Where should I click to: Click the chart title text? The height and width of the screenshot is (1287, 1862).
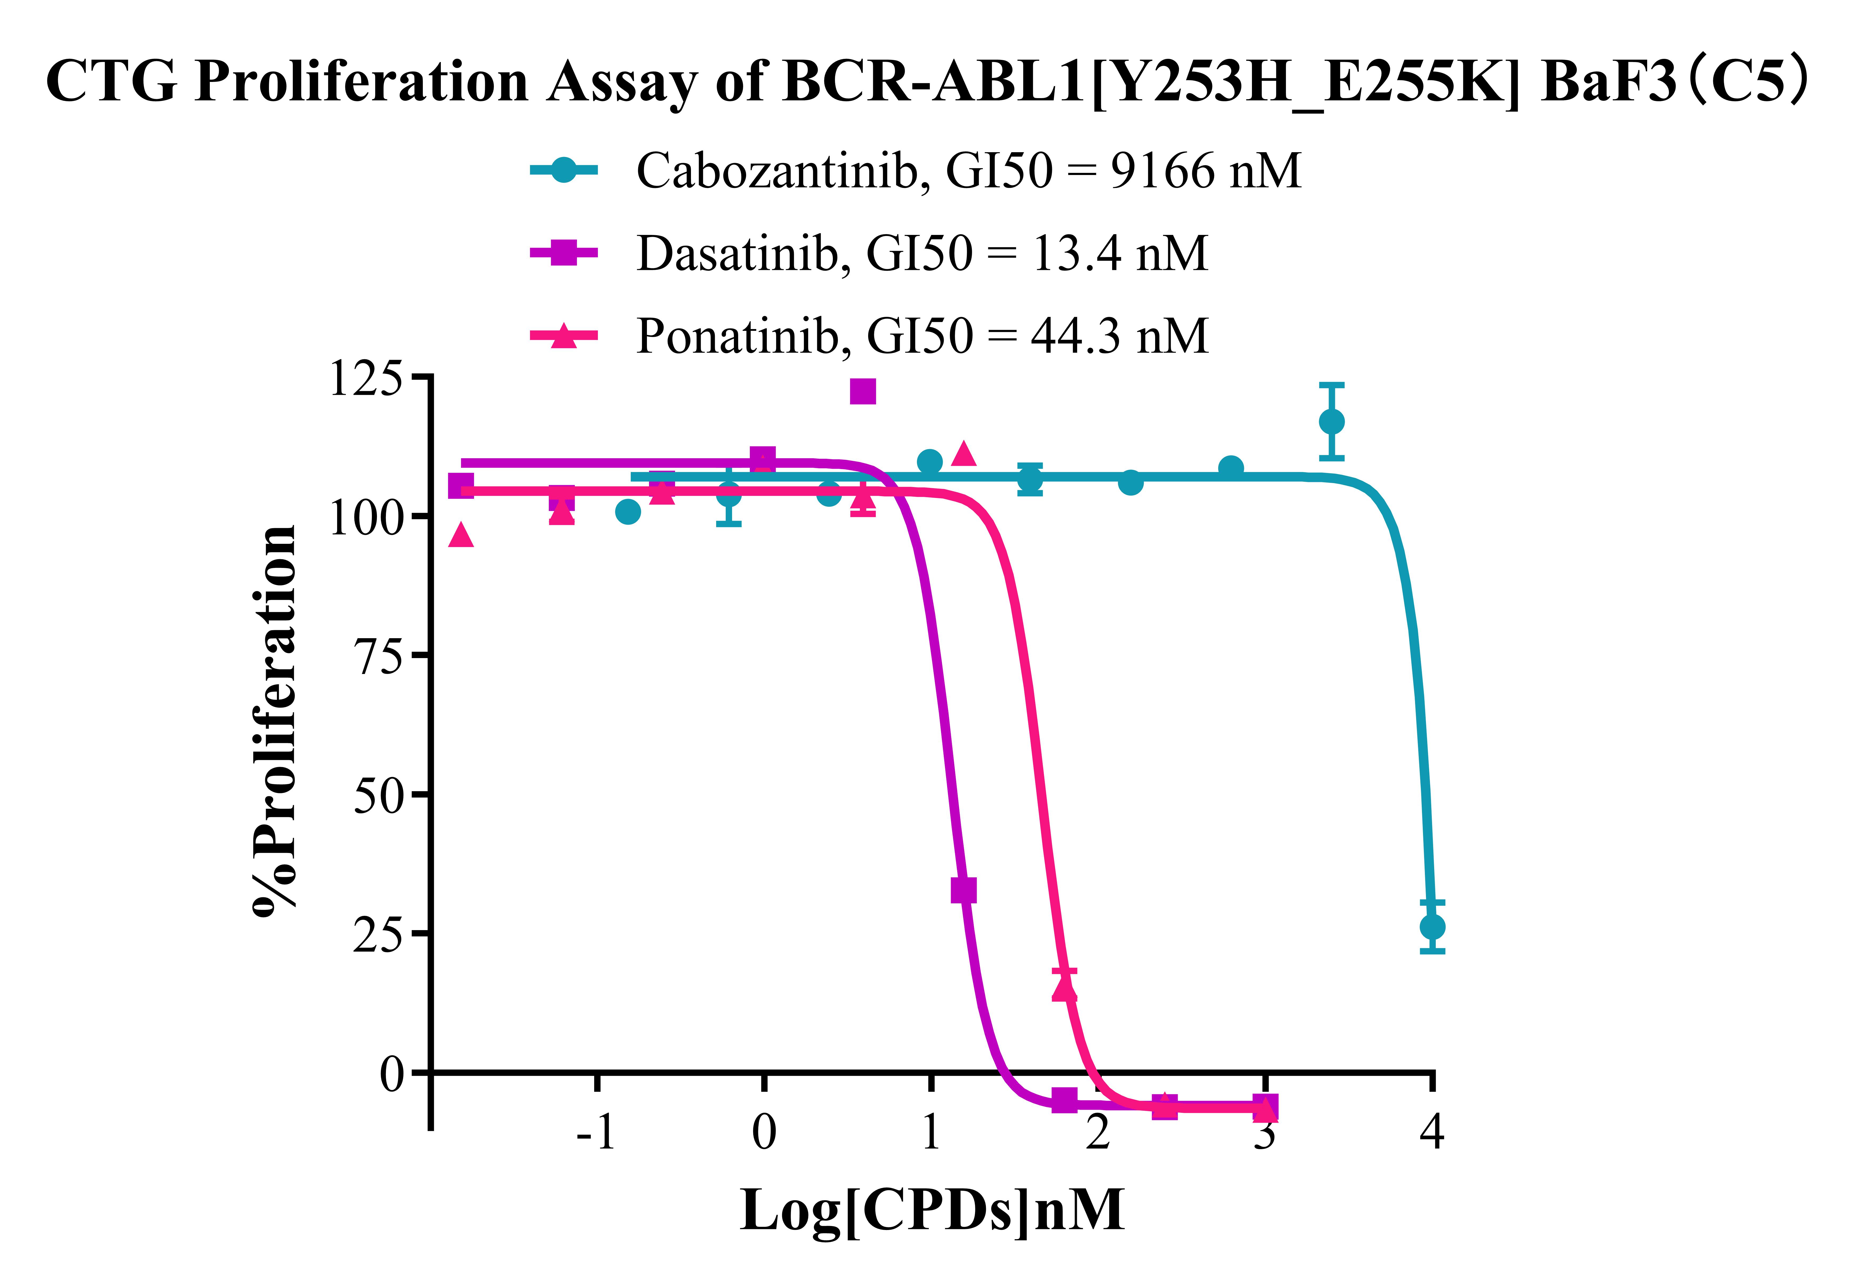click(928, 82)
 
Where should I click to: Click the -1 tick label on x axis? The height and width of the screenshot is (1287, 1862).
click(596, 1132)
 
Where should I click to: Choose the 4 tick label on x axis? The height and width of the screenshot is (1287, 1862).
click(1432, 1132)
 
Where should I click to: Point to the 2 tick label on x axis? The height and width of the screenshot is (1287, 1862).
click(1098, 1132)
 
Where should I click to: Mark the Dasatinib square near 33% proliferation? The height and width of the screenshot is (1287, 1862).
click(963, 890)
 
